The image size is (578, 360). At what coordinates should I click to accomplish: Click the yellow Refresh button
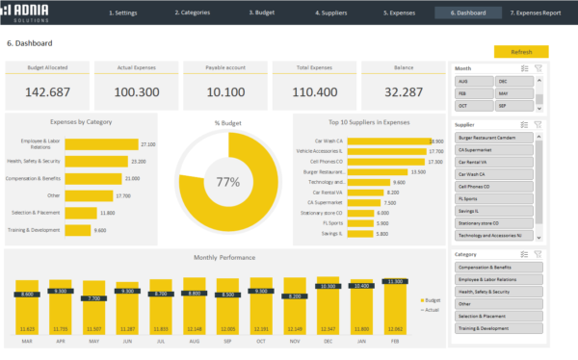(x=521, y=52)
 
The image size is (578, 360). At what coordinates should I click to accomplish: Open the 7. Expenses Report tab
(x=535, y=13)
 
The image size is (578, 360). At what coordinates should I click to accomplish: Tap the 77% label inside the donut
(x=227, y=181)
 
